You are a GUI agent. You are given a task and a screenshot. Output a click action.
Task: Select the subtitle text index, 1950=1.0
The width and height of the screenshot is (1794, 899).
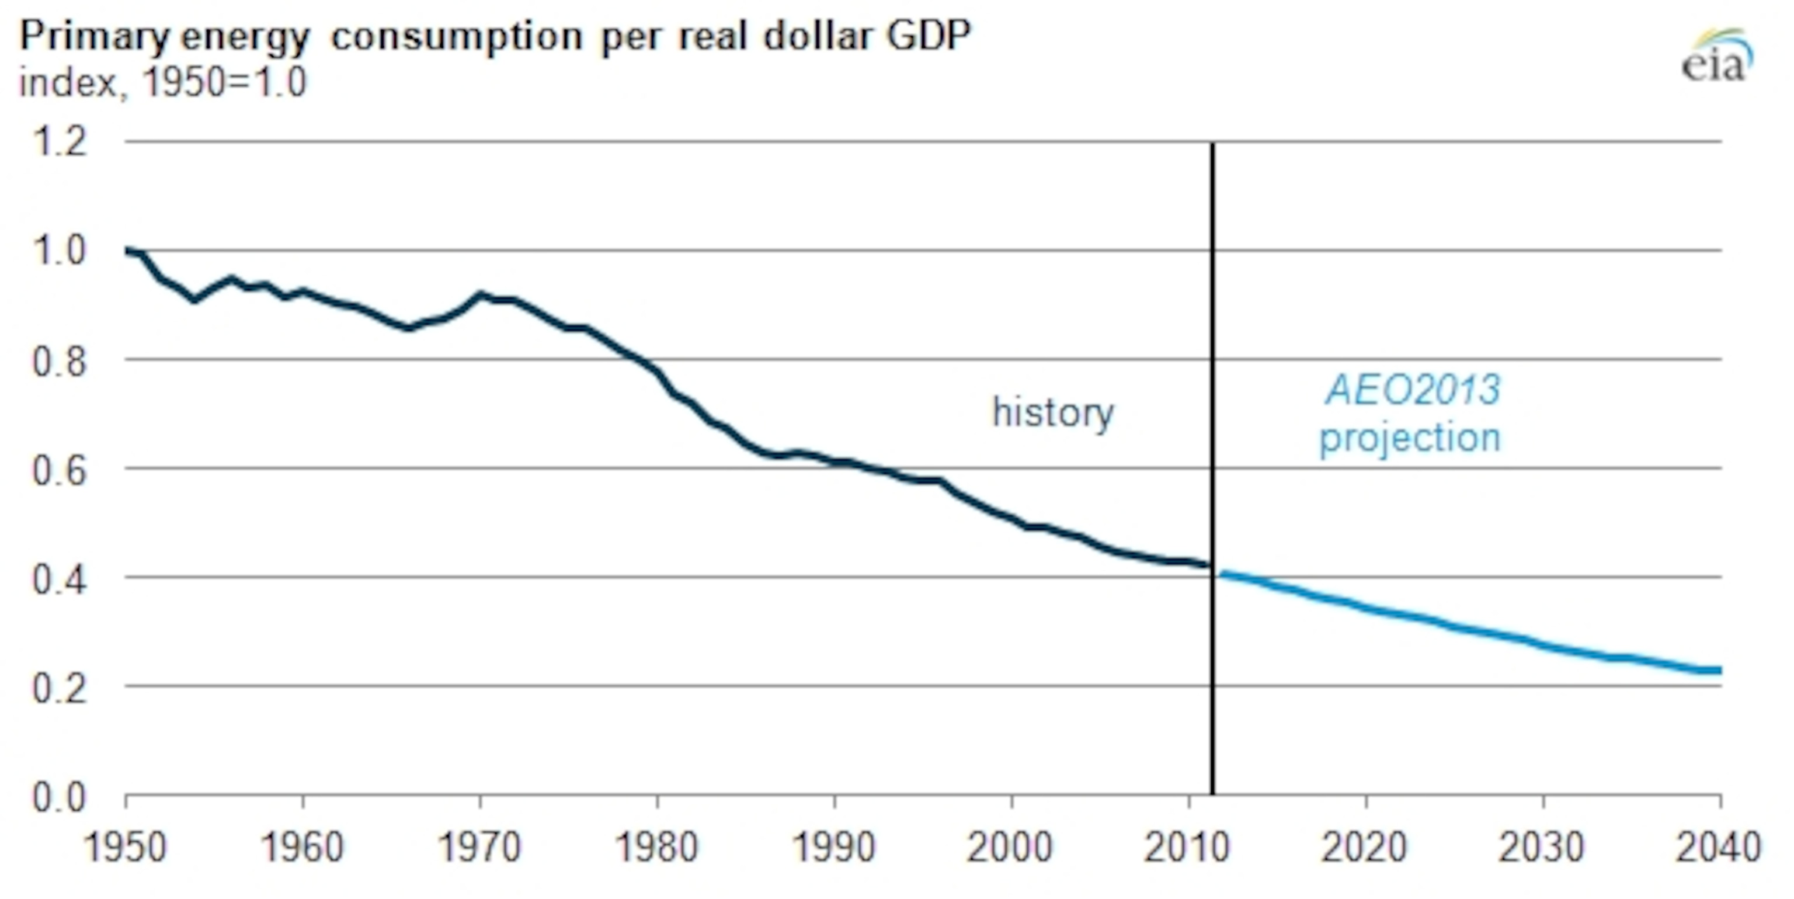point(162,83)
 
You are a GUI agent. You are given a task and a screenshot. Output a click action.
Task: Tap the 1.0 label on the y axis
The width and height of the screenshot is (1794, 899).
point(60,251)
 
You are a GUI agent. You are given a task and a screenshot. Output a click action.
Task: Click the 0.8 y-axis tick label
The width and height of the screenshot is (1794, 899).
point(60,362)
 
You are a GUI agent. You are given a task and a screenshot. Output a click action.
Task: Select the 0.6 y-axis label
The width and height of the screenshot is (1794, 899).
point(60,471)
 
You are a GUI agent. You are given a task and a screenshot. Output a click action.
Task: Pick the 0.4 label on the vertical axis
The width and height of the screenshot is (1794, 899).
point(60,579)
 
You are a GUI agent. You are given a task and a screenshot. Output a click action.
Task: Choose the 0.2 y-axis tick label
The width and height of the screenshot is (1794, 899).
point(60,689)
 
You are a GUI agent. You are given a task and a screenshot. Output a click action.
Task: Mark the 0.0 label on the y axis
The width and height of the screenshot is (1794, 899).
point(60,797)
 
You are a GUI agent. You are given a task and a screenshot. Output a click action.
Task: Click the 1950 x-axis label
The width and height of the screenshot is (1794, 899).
point(126,848)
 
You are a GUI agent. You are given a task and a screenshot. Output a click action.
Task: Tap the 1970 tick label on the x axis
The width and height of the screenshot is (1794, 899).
point(480,848)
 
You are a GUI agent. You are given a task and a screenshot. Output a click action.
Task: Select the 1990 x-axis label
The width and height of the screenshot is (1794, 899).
point(833,848)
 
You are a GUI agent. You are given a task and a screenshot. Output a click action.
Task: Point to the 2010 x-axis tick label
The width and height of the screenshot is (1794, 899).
point(1187,848)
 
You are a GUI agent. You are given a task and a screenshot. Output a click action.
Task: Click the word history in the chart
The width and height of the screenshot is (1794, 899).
point(1053,413)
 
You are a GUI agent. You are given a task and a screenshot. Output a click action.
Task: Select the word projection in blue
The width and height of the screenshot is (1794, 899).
point(1410,438)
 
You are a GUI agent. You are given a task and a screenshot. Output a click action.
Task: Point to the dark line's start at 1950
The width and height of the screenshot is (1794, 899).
point(128,251)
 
